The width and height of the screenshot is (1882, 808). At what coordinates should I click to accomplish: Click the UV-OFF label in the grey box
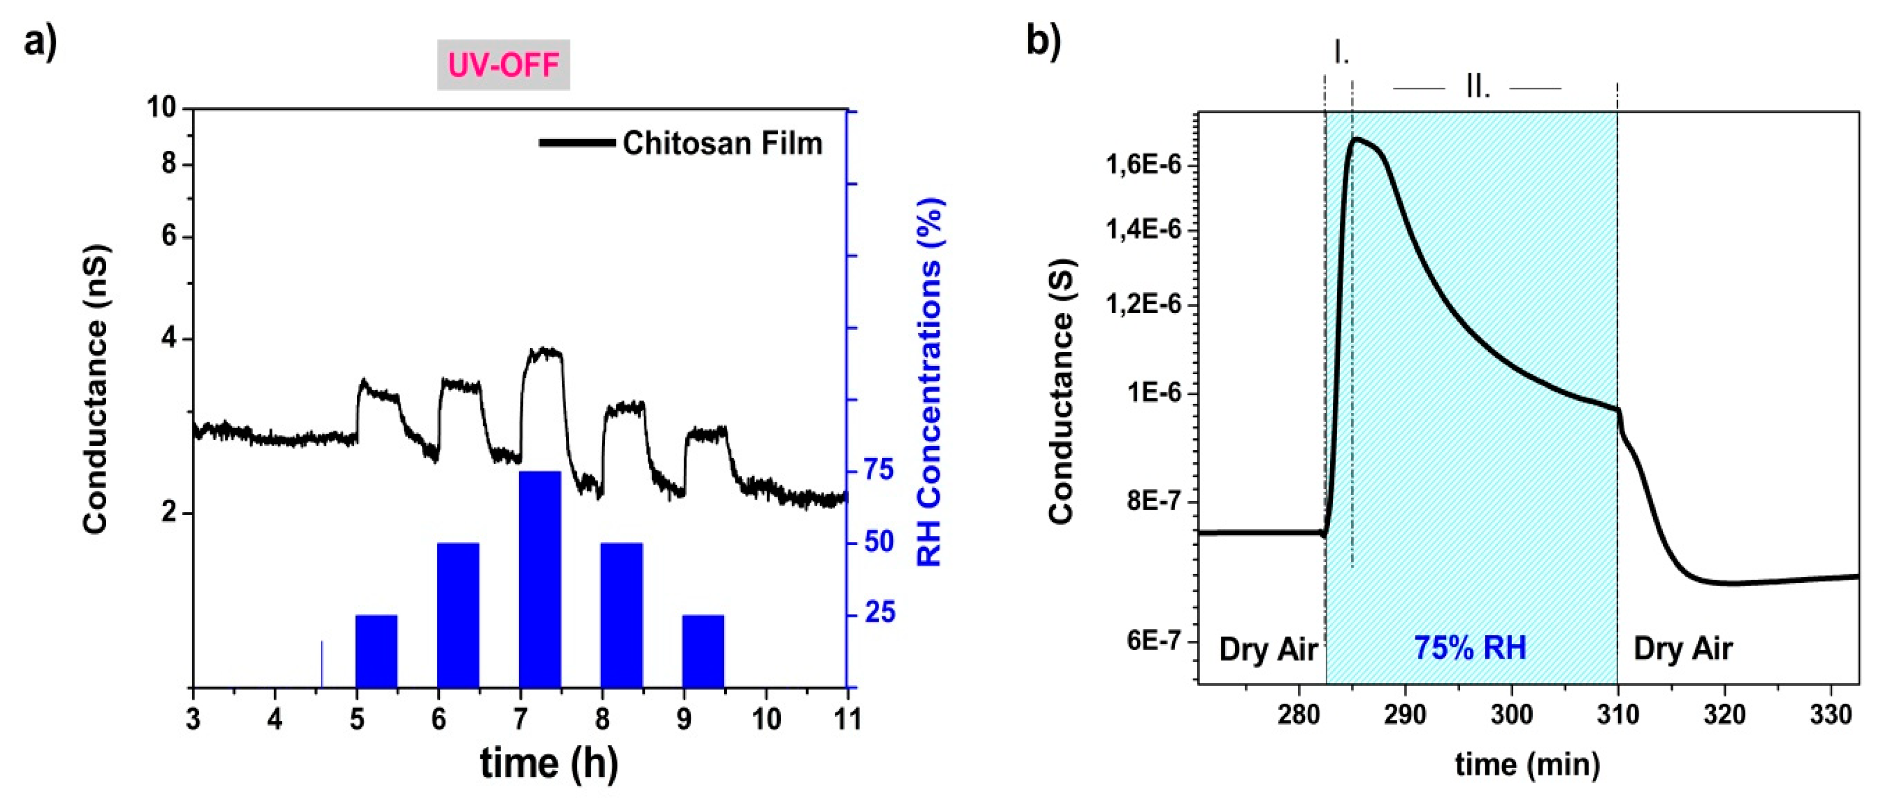point(503,65)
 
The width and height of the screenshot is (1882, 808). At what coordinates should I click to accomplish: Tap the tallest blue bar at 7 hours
point(540,579)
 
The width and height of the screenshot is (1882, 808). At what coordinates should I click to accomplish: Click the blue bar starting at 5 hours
point(377,651)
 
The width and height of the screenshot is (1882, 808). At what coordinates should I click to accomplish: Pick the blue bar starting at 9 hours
point(703,651)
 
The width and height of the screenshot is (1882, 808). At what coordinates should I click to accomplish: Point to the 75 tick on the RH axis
point(879,470)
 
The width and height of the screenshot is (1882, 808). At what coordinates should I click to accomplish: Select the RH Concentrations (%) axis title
point(930,381)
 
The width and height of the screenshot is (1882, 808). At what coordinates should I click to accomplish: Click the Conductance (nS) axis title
point(96,388)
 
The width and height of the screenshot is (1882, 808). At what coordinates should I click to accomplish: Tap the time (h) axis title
point(549,763)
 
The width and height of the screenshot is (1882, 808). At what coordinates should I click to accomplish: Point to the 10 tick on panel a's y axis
point(161,108)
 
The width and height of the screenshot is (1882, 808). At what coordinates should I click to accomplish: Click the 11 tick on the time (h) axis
point(848,719)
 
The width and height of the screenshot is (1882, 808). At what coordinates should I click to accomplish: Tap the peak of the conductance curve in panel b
point(1356,138)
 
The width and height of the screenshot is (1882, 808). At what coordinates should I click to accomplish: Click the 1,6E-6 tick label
point(1143,165)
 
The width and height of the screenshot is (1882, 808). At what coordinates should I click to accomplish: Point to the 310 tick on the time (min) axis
point(1618,713)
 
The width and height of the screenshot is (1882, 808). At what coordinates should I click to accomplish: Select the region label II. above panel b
point(1477,89)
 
